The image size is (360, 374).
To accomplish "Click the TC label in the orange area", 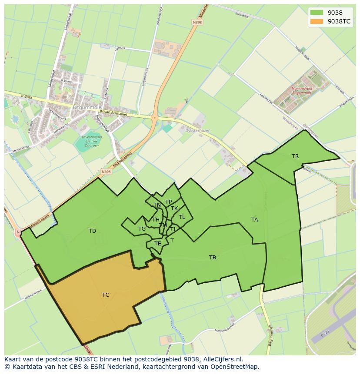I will pyautogui.click(x=106, y=295).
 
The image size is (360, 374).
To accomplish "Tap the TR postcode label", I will pyautogui.click(x=295, y=156).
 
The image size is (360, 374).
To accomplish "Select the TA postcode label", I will pyautogui.click(x=254, y=220).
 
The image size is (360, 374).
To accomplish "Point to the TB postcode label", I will pyautogui.click(x=213, y=258).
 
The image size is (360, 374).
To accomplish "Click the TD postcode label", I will pyautogui.click(x=92, y=231).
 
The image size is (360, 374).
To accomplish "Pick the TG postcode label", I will pyautogui.click(x=142, y=229).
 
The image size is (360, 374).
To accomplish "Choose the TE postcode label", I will pyautogui.click(x=158, y=244).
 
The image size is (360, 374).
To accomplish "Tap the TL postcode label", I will pyautogui.click(x=182, y=217).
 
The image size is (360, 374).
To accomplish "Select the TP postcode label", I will pyautogui.click(x=168, y=202).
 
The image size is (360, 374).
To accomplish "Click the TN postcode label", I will pyautogui.click(x=157, y=205).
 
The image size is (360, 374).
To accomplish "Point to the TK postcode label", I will pyautogui.click(x=174, y=209).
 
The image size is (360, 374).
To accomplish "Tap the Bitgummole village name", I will pyautogui.click(x=87, y=107).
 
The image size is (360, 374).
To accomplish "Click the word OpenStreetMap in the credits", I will pyautogui.click(x=237, y=367).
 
